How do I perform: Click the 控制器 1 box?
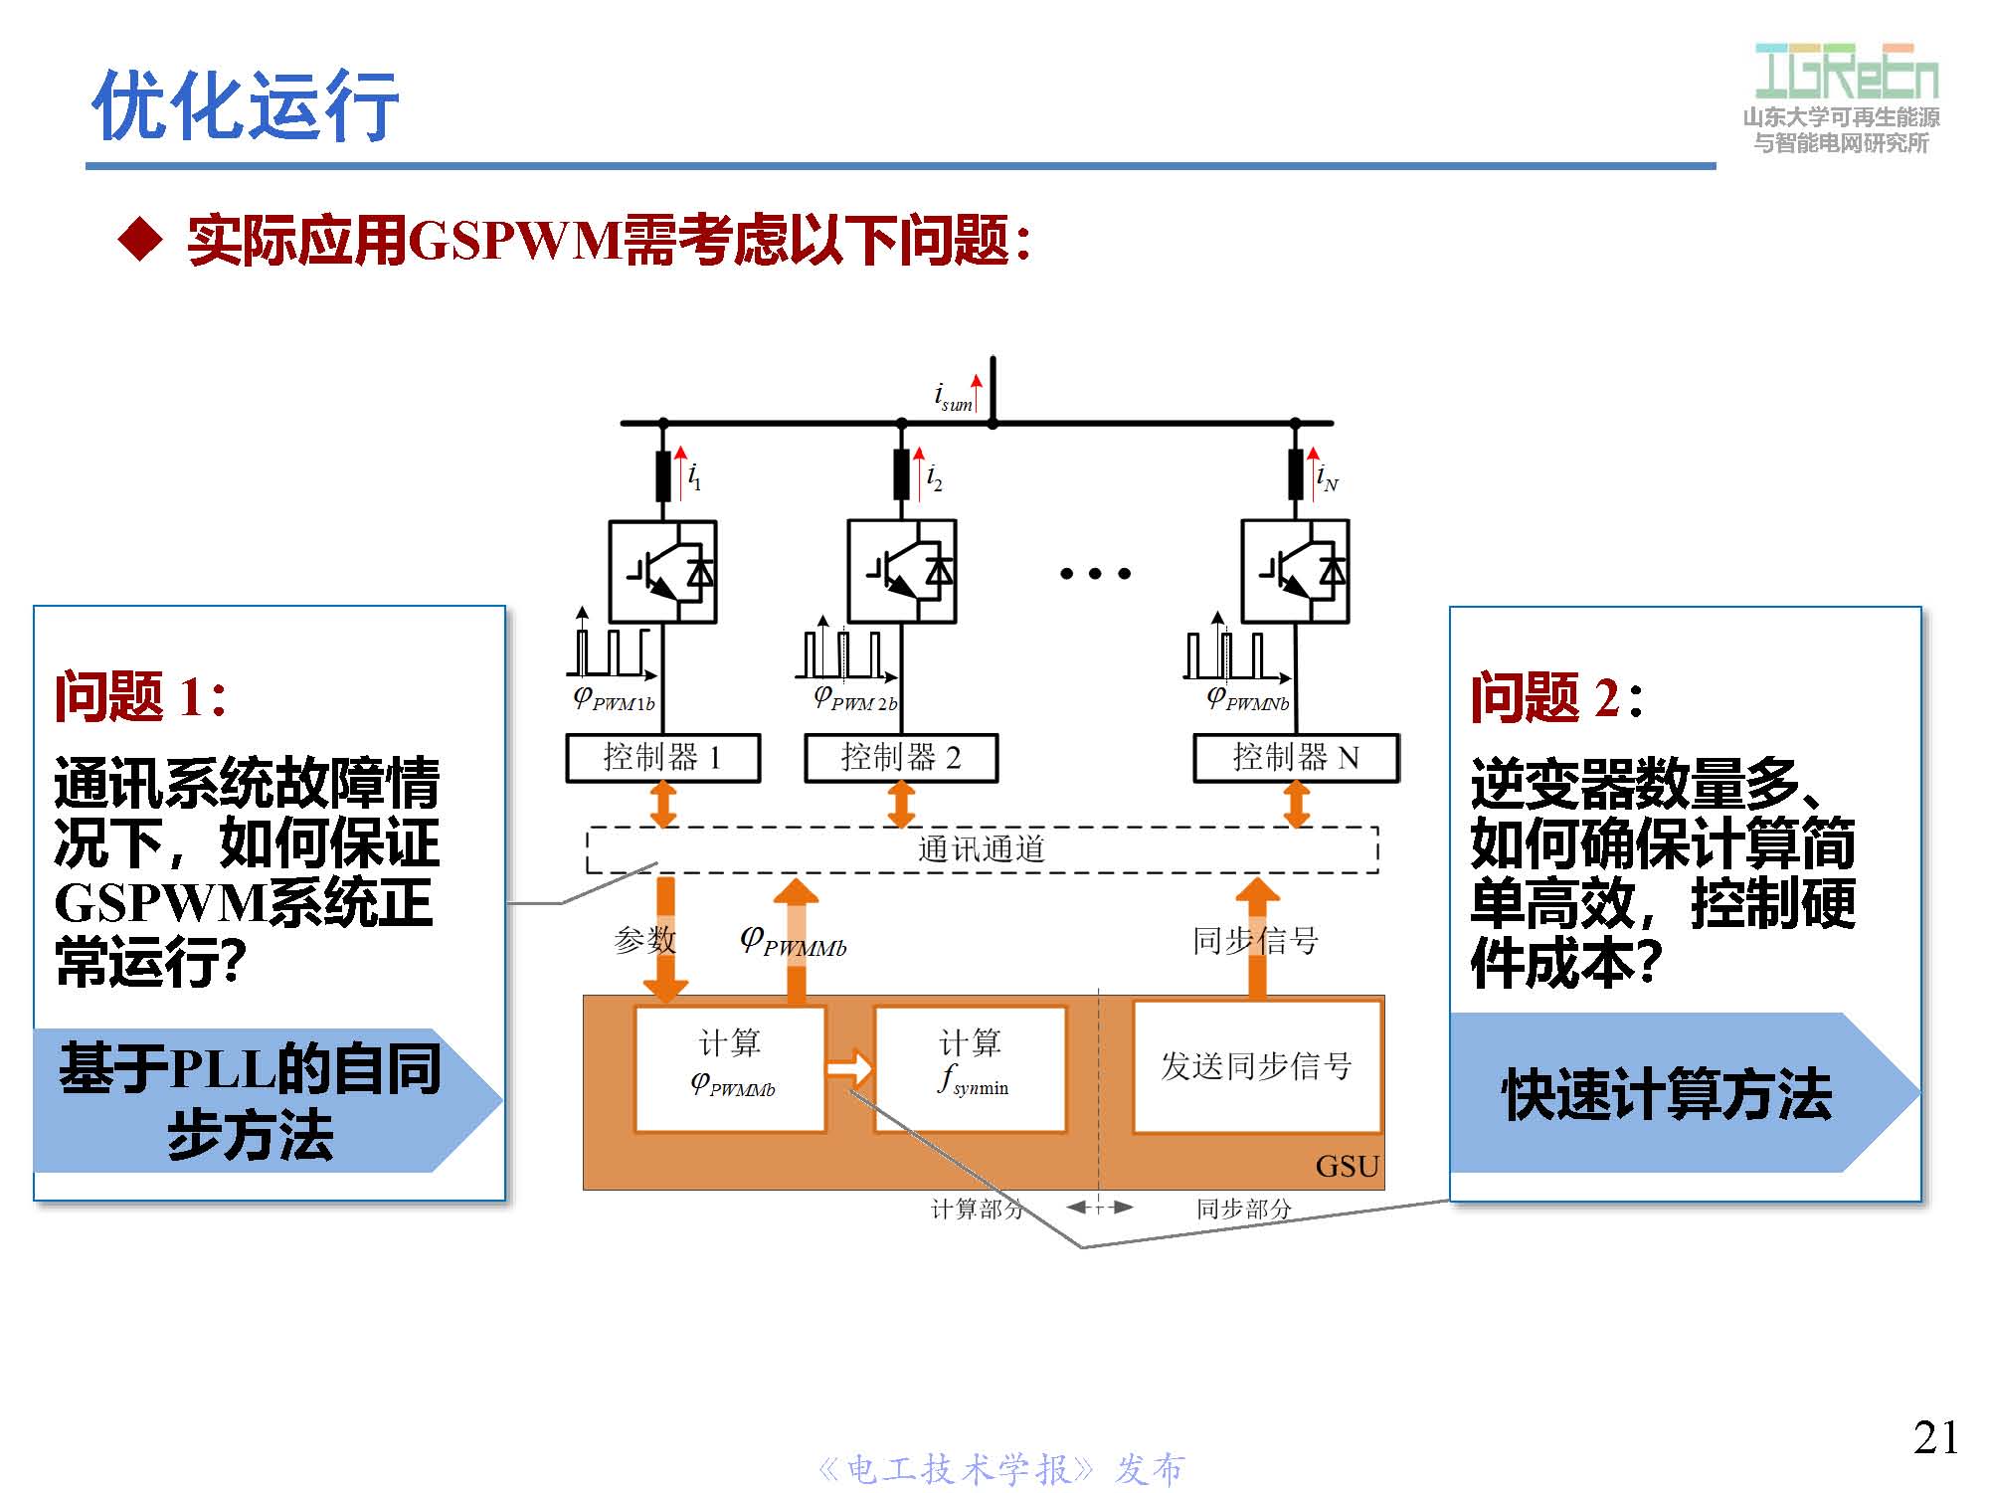pyautogui.click(x=662, y=758)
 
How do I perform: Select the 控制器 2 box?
pyautogui.click(x=900, y=758)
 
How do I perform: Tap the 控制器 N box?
pyautogui.click(x=1295, y=758)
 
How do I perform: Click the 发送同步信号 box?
pyautogui.click(x=1256, y=1066)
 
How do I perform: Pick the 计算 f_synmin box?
pyautogui.click(x=970, y=1066)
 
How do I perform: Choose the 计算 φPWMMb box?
pyautogui.click(x=730, y=1066)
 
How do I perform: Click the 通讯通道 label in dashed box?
pyautogui.click(x=981, y=849)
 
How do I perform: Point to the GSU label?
pyautogui.click(x=1347, y=1166)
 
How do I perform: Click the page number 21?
pyautogui.click(x=1935, y=1437)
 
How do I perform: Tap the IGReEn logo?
pyautogui.click(x=1845, y=72)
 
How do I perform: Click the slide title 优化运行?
pyautogui.click(x=245, y=104)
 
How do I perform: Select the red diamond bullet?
pyautogui.click(x=139, y=240)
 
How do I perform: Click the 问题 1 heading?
pyautogui.click(x=140, y=696)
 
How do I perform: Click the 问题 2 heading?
pyautogui.click(x=1555, y=696)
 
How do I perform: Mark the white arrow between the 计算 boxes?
pyautogui.click(x=849, y=1068)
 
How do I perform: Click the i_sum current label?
pyautogui.click(x=953, y=397)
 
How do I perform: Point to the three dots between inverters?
pyautogui.click(x=1094, y=573)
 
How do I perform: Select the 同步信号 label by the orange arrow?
pyautogui.click(x=1255, y=940)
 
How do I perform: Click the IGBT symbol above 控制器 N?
pyautogui.click(x=1295, y=572)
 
